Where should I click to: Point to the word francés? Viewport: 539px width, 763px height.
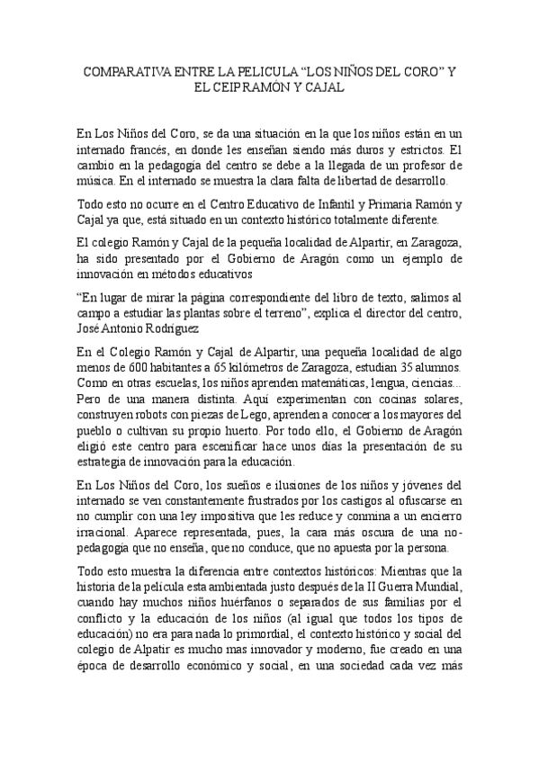161,150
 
